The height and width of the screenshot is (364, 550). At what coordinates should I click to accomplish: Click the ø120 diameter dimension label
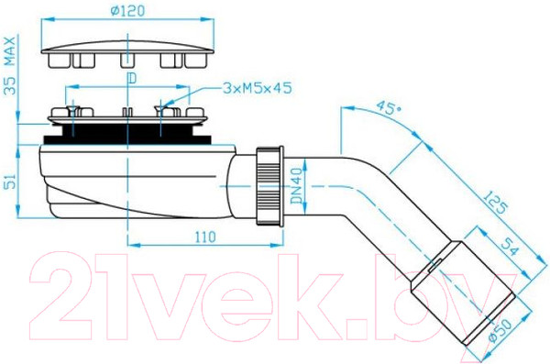click(x=127, y=10)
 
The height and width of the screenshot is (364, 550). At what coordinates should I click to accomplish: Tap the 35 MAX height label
click(x=10, y=65)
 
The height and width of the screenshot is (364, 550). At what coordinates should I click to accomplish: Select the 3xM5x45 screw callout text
click(x=257, y=88)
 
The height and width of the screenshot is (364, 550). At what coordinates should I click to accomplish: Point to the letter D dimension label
click(x=131, y=79)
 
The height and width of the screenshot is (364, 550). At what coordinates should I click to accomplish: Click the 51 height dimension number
click(x=10, y=181)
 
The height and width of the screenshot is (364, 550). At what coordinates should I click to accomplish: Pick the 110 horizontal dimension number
click(x=205, y=237)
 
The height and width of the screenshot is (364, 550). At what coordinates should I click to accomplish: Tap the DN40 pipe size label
click(x=296, y=186)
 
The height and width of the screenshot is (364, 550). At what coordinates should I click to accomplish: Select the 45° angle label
click(x=387, y=108)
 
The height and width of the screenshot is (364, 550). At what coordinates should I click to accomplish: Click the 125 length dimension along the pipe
click(x=496, y=202)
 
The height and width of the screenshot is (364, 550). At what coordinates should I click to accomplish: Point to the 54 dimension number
click(x=511, y=247)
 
